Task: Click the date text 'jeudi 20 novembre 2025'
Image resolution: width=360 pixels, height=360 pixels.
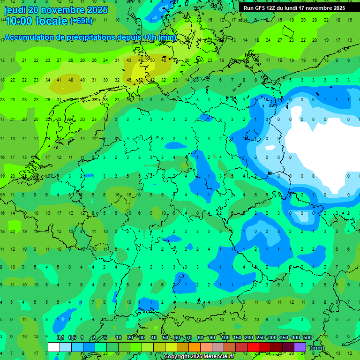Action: (x=56, y=10)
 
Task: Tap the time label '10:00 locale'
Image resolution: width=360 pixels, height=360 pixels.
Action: (x=36, y=21)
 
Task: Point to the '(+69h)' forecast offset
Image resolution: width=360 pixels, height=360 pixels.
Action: (x=81, y=21)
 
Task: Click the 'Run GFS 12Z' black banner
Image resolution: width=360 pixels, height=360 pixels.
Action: (x=294, y=8)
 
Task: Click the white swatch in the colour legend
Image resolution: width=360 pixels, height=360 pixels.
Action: (x=54, y=347)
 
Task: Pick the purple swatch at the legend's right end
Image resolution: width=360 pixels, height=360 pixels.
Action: (x=300, y=347)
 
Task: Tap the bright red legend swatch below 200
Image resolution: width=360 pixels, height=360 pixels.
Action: (x=253, y=347)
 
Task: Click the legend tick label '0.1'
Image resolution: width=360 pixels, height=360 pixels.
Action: (x=60, y=338)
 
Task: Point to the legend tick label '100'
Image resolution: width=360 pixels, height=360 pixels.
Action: (x=225, y=338)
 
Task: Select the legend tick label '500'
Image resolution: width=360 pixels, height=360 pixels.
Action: (x=307, y=338)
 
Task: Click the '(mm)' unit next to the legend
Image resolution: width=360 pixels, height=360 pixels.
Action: (x=317, y=348)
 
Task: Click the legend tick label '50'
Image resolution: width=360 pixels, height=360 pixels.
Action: (x=165, y=338)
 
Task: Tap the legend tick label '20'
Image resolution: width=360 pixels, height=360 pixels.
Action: (x=130, y=338)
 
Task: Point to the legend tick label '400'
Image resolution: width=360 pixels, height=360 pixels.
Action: (x=296, y=338)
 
